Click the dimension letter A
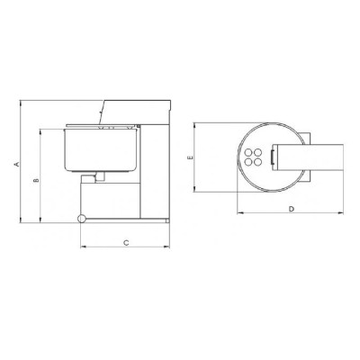click(x=17, y=164)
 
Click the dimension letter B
click(x=36, y=180)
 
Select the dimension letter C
click(x=126, y=242)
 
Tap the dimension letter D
click(x=292, y=209)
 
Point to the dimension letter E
click(x=190, y=157)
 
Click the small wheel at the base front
click(x=81, y=219)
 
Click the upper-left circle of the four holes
click(x=248, y=153)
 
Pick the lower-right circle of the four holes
click(x=257, y=162)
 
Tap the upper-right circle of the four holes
click(x=257, y=153)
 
